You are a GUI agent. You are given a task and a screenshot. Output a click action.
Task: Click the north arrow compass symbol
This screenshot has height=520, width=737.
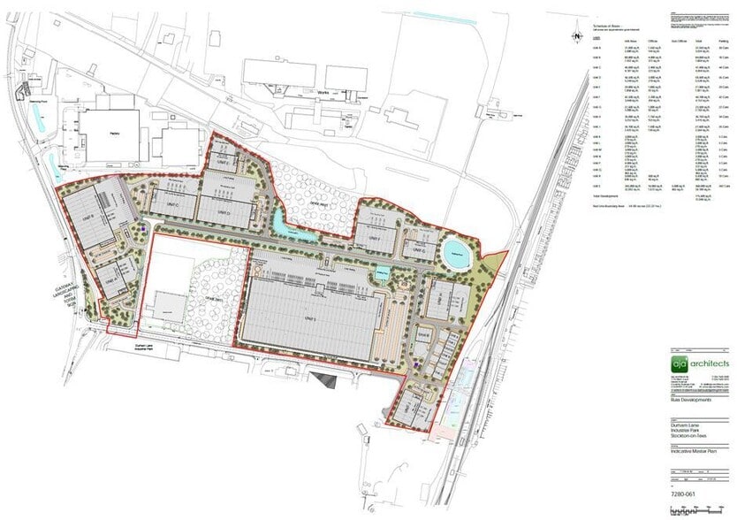[575, 36]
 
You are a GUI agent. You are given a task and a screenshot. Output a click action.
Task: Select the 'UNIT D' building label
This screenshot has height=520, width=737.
[224, 213]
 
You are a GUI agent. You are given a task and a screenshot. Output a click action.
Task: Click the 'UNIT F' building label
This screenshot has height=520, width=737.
[373, 239]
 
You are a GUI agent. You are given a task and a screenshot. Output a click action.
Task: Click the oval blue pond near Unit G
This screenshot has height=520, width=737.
[454, 248]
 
